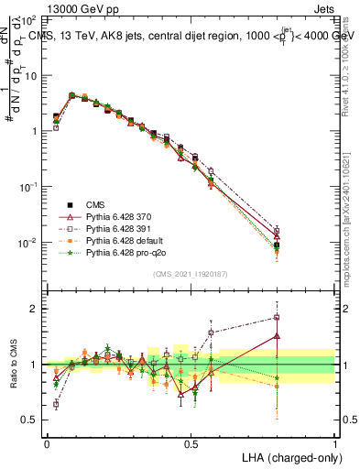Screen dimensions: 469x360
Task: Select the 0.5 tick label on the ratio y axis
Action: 31,420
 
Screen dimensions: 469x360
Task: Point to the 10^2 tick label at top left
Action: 28,19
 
